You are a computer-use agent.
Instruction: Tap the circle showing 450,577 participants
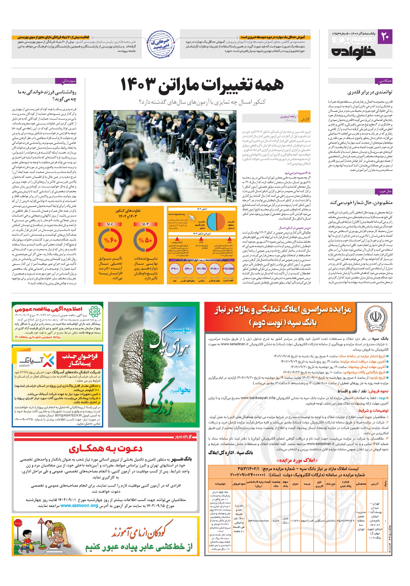click(x=228, y=268)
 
